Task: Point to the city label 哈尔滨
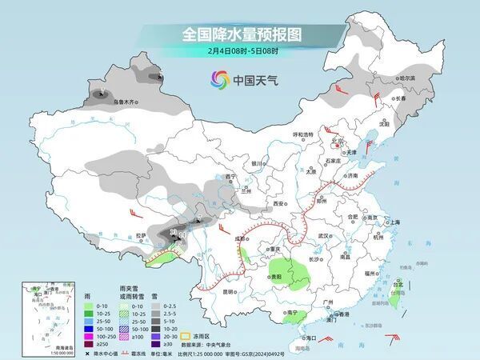point(408,78)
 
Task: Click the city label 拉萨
point(142,235)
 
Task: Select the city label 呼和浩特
point(302,135)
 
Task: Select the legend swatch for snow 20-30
point(156,337)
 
